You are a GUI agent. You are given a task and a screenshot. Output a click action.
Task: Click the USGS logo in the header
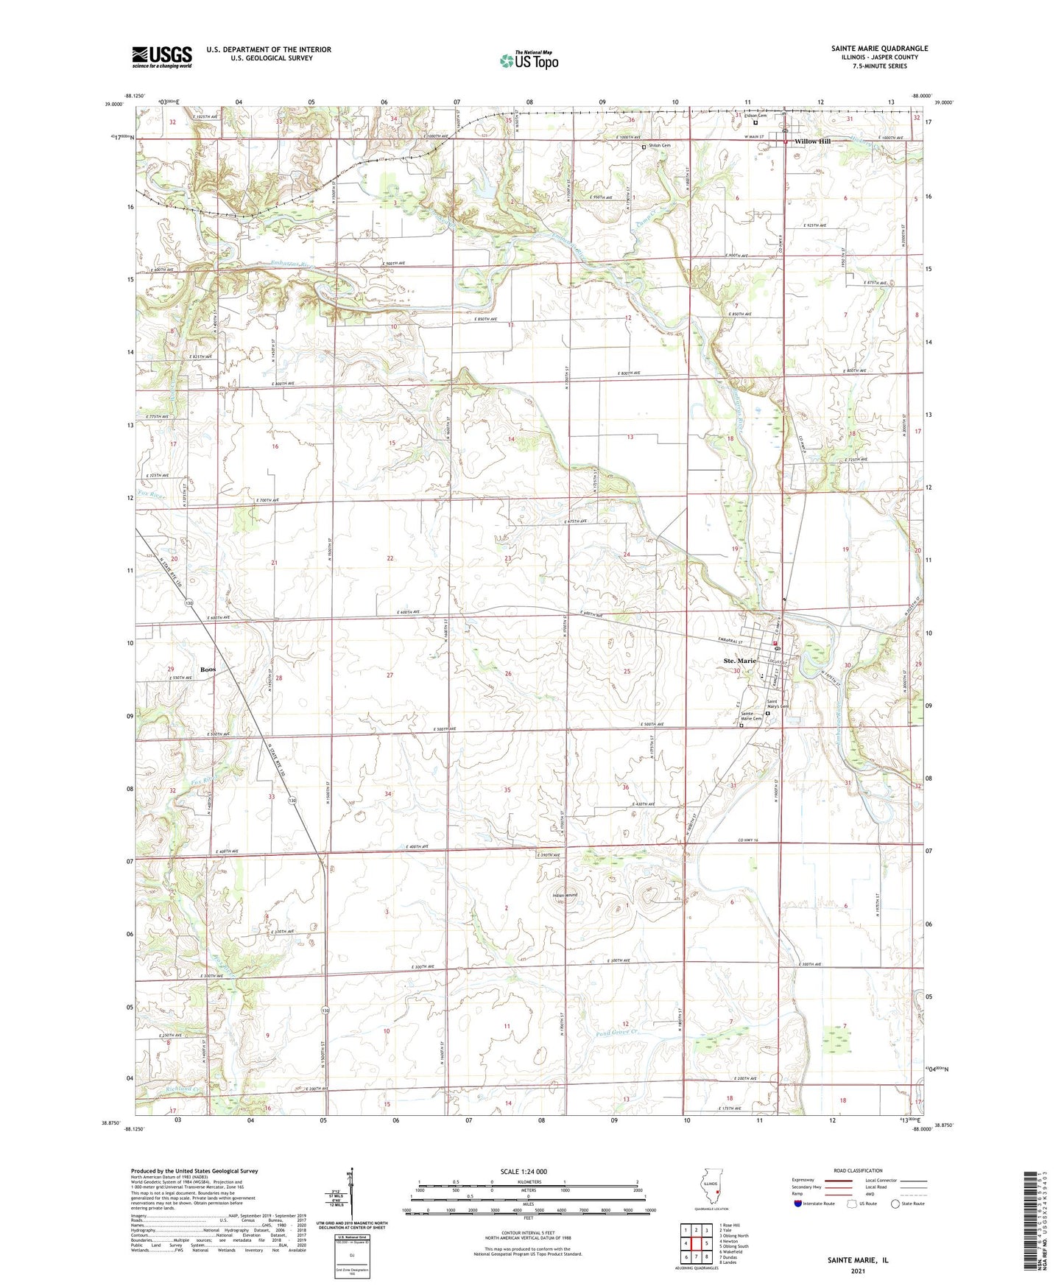(x=162, y=56)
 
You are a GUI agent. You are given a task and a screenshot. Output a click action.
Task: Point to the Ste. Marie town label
(x=740, y=661)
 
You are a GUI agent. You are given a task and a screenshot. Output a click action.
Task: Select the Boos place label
(x=208, y=670)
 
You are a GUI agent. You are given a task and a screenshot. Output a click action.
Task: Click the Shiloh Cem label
(x=659, y=146)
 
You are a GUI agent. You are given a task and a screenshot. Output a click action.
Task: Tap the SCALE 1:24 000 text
(x=524, y=1171)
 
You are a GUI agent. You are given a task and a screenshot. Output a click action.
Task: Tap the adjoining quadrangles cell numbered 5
(x=706, y=1243)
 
